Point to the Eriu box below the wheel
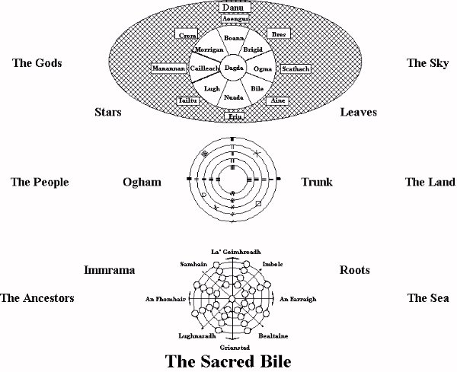pyautogui.click(x=235, y=116)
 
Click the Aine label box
pyautogui.click(x=280, y=100)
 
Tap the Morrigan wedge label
pyautogui.click(x=208, y=49)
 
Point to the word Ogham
pyautogui.click(x=142, y=182)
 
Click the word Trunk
pyautogui.click(x=317, y=182)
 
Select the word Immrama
pyautogui.click(x=109, y=270)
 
